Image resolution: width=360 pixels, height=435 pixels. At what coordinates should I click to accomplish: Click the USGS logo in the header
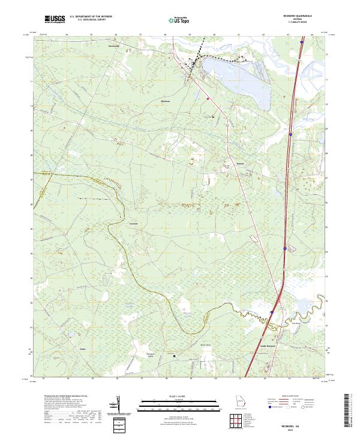pyautogui.click(x=55, y=20)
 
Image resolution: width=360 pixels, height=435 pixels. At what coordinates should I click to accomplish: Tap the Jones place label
pyautogui.click(x=83, y=348)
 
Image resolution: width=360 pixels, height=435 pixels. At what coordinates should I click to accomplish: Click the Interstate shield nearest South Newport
pyautogui.click(x=271, y=312)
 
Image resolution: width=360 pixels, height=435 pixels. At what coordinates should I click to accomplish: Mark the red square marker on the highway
pyautogui.click(x=208, y=98)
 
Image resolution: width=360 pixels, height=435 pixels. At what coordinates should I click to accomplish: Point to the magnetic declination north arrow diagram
pyautogui.click(x=118, y=405)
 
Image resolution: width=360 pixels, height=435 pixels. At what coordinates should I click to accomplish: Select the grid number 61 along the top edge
pyautogui.click(x=239, y=35)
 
